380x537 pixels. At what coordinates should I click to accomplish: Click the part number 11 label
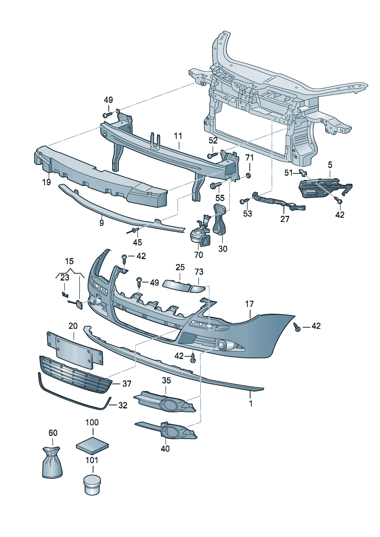point(178,136)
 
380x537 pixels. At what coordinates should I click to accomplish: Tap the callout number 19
point(46,182)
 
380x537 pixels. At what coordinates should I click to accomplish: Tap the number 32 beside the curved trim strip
point(123,405)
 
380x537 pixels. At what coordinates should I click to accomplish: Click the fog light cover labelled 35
point(165,402)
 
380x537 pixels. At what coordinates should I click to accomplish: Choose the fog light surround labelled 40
point(169,431)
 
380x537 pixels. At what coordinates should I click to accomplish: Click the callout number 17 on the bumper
point(249,304)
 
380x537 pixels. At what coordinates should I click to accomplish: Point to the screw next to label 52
point(212,155)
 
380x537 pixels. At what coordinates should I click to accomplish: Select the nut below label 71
point(249,175)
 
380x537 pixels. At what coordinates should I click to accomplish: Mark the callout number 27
point(285,219)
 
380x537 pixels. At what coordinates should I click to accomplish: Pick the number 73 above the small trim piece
point(199,272)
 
